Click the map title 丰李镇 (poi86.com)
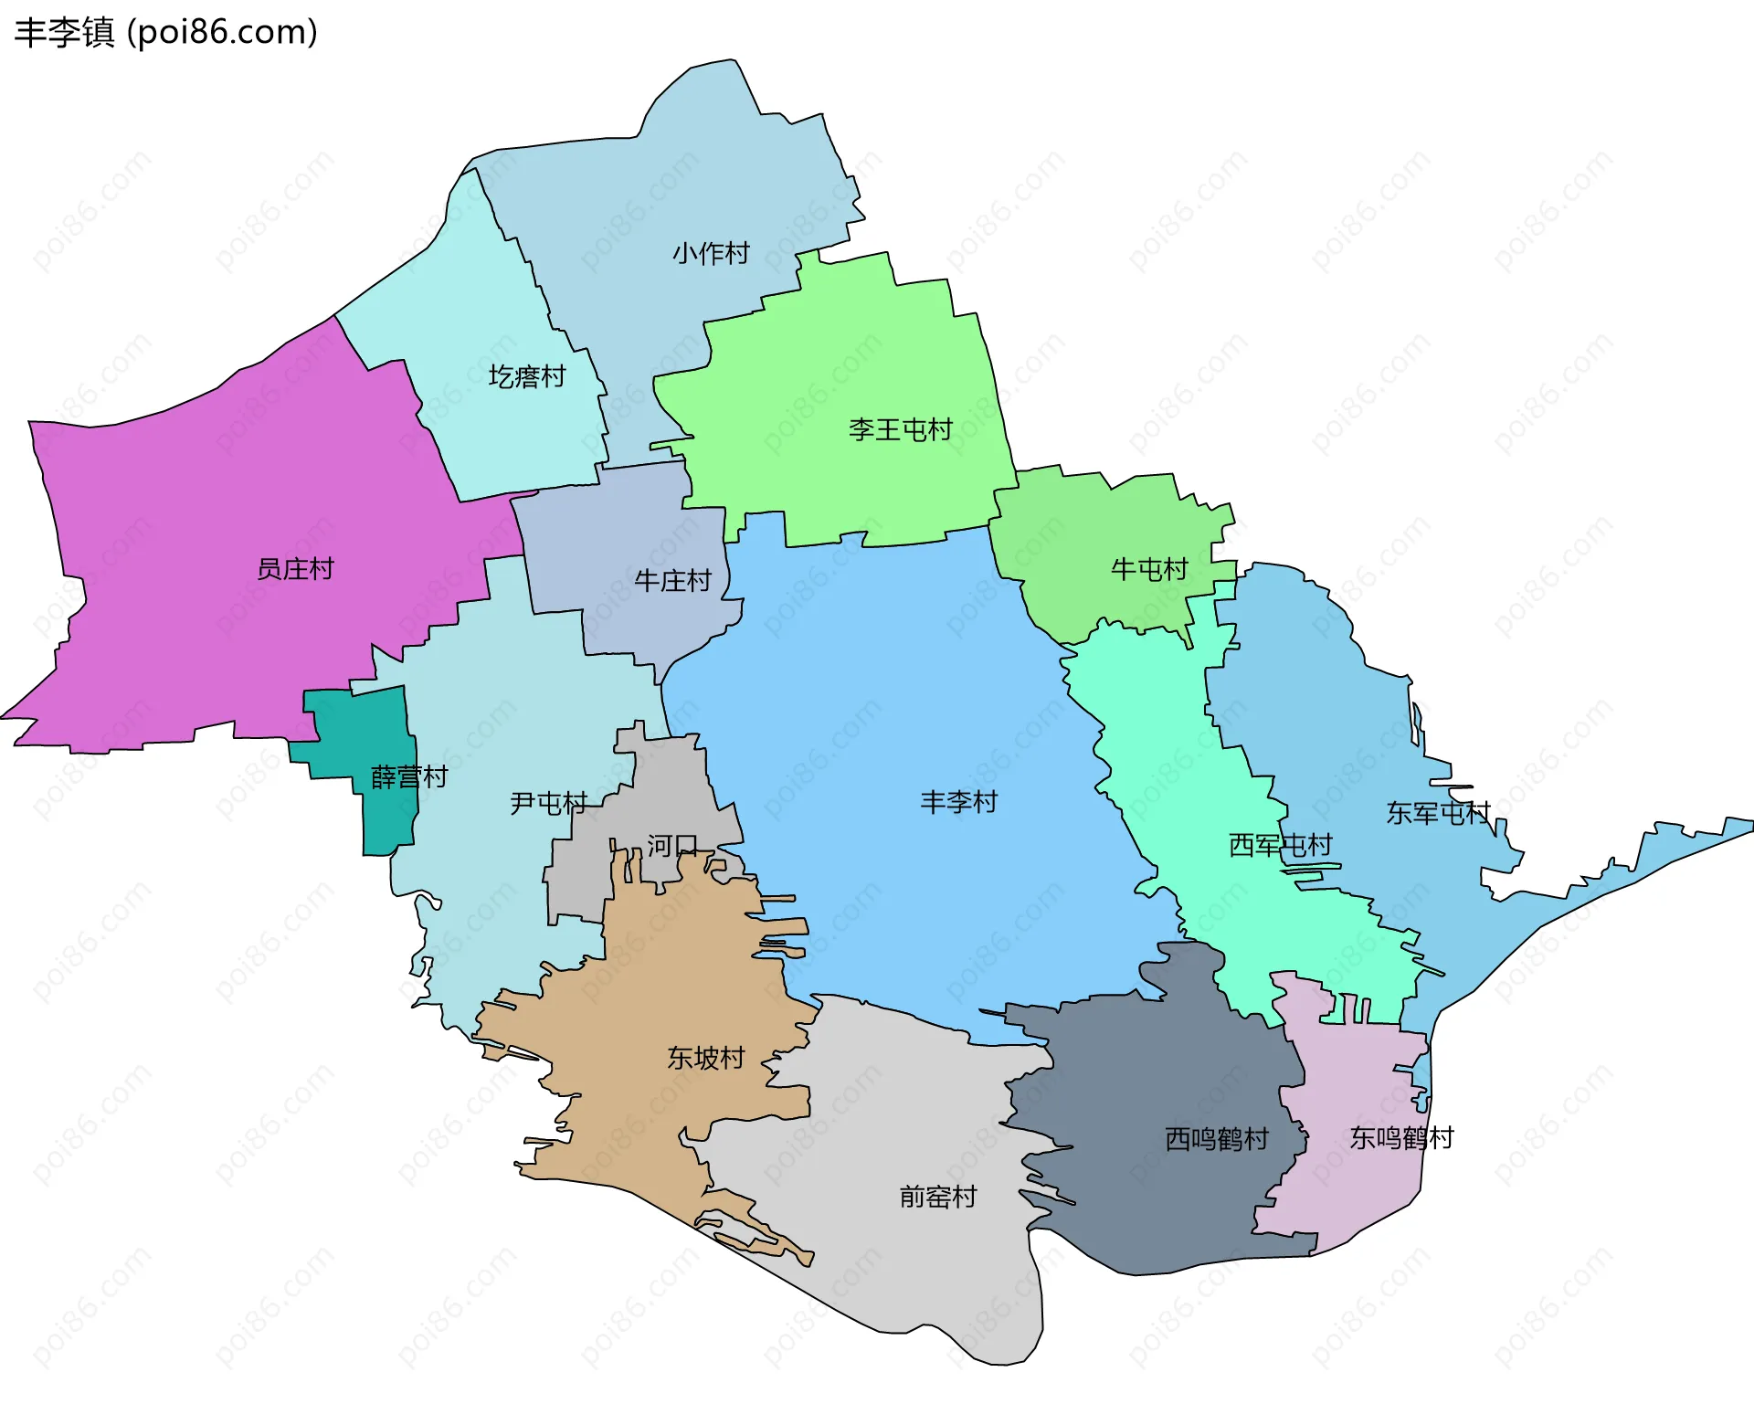click(165, 32)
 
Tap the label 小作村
click(711, 253)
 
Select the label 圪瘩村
click(526, 376)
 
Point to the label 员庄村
click(295, 569)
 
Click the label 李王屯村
click(900, 429)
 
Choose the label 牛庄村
click(672, 580)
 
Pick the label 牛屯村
click(1148, 569)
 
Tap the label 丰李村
click(958, 802)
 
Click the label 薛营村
click(409, 776)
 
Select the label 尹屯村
click(548, 803)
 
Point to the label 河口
click(672, 846)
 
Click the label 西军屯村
click(1280, 845)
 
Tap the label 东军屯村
click(1438, 812)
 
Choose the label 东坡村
click(705, 1058)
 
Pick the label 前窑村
click(938, 1197)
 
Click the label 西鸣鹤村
click(1216, 1139)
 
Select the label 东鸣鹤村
click(1400, 1138)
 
